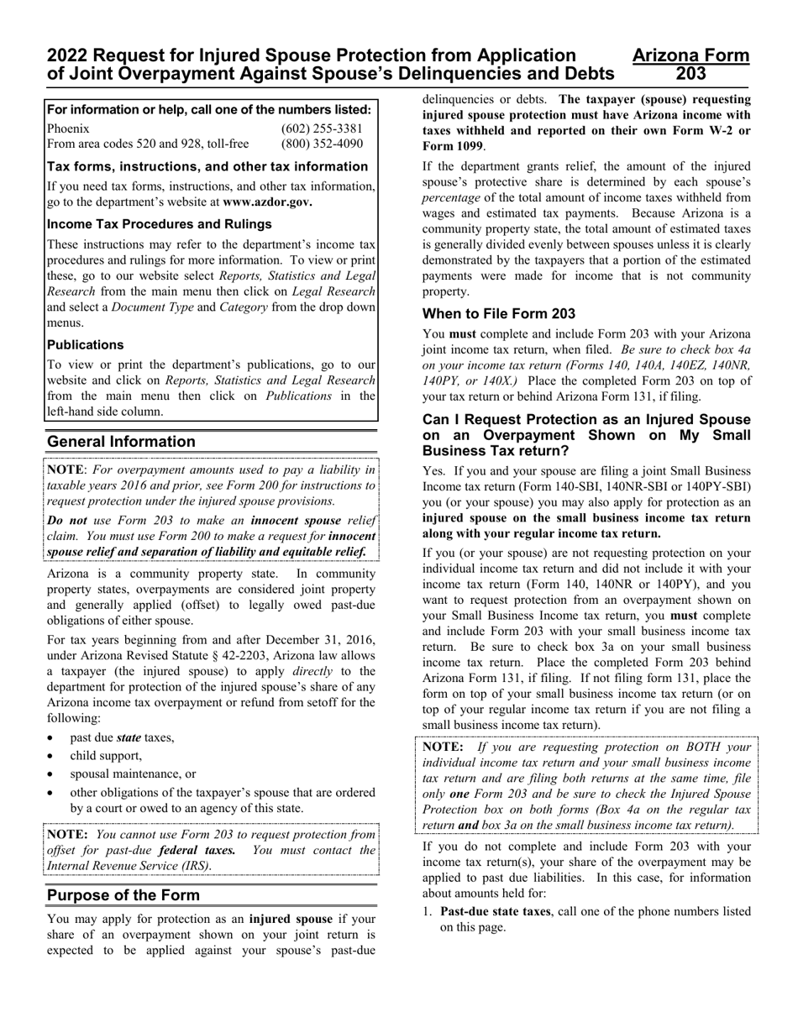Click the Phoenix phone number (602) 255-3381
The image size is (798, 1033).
322,128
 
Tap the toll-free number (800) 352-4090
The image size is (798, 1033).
322,144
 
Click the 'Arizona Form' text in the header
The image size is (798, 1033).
690,55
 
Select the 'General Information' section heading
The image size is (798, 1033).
121,442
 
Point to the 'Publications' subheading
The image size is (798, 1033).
85,345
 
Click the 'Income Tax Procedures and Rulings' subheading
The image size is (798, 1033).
159,224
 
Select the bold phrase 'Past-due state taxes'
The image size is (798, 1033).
496,911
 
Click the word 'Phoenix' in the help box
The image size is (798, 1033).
68,128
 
